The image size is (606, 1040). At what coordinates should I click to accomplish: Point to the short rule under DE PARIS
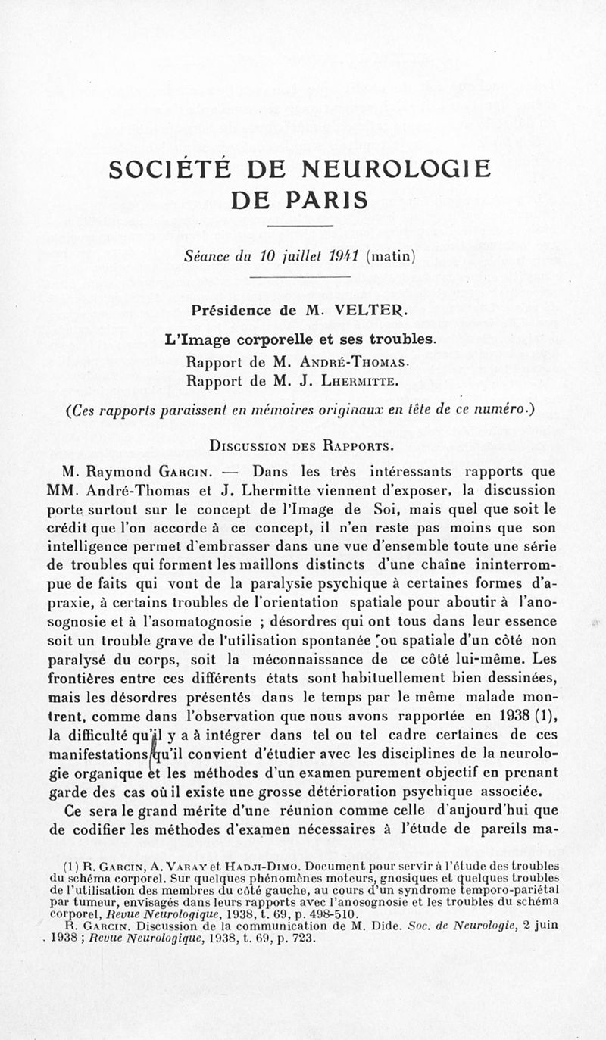301,226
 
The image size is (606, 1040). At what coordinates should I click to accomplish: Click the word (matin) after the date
390,256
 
